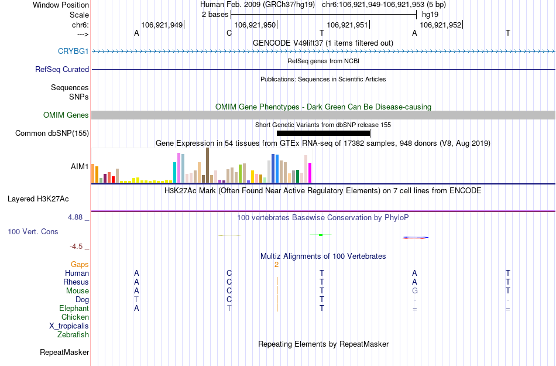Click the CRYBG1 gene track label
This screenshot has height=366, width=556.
(x=73, y=52)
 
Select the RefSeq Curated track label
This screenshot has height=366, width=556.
(x=62, y=69)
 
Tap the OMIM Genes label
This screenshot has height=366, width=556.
(x=66, y=115)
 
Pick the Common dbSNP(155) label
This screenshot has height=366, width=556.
(x=52, y=134)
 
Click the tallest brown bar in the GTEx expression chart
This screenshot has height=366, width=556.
(x=207, y=166)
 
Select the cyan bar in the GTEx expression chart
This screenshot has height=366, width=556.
(x=175, y=172)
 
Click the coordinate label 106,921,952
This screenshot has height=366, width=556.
(x=440, y=25)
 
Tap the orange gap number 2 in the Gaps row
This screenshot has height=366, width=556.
(x=276, y=265)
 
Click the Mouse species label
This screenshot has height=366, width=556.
(x=77, y=291)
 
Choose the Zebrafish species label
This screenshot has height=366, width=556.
(x=73, y=335)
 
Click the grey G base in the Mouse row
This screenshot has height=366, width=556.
(x=414, y=291)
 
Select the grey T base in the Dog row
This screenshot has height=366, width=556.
(x=136, y=300)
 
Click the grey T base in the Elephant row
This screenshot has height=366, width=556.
(x=229, y=309)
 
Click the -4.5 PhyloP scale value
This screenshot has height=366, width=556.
(x=78, y=247)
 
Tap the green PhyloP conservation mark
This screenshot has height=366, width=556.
(x=321, y=235)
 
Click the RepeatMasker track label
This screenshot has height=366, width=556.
(x=64, y=353)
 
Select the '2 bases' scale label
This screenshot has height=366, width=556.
(x=214, y=13)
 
